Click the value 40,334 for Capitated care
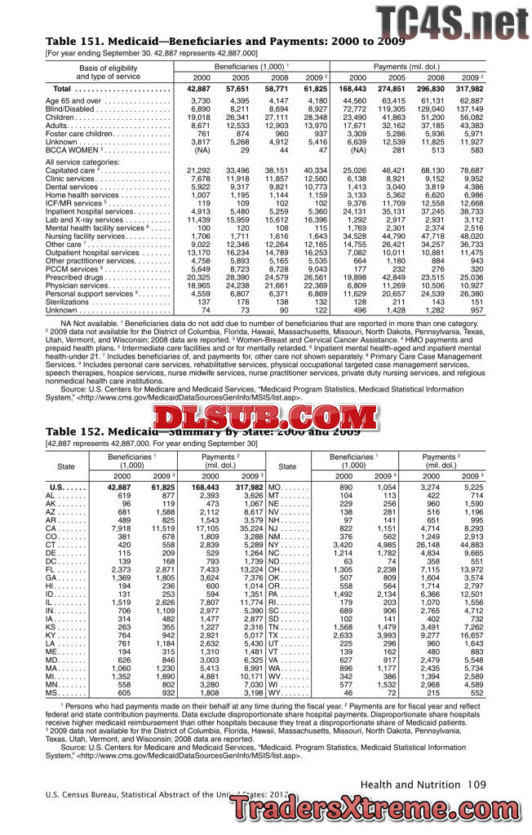(314, 170)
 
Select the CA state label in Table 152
(51, 530)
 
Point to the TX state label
(273, 635)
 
